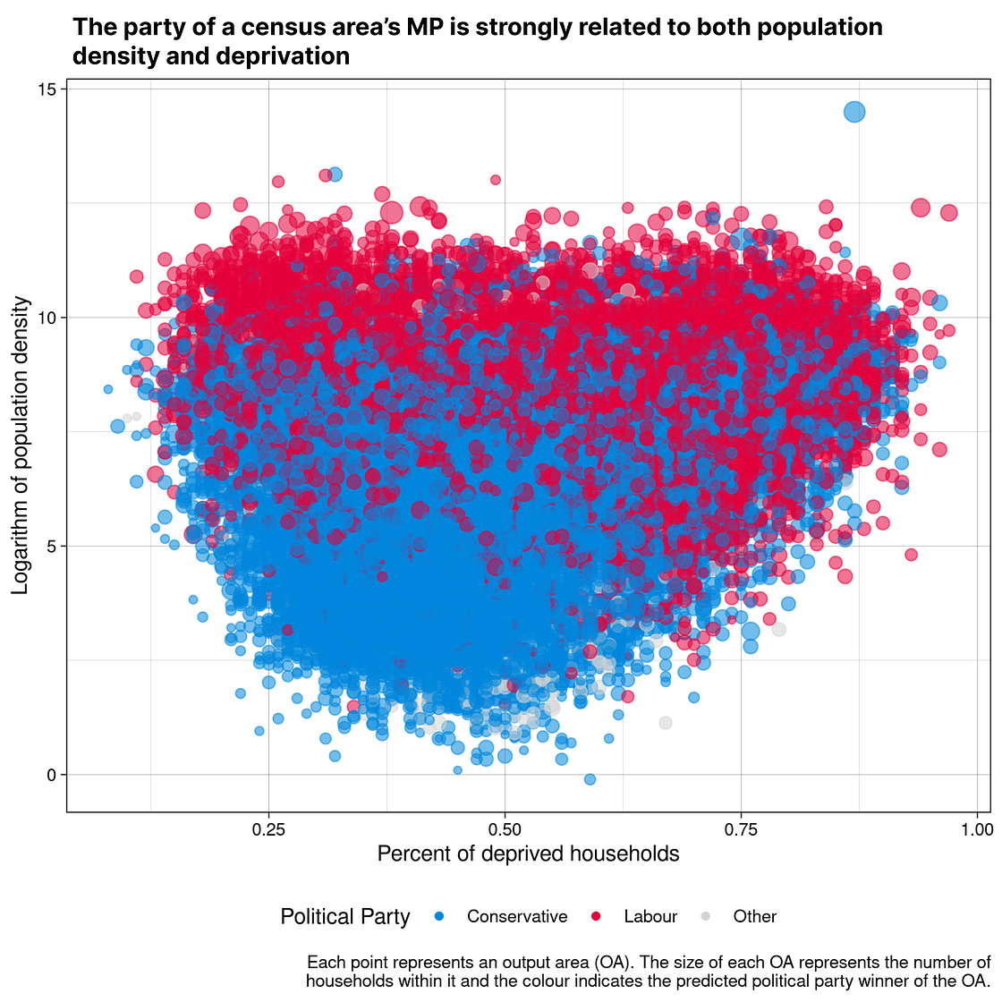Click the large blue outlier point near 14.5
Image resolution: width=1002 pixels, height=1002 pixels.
click(854, 112)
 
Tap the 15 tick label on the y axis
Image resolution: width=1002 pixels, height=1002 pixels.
click(47, 89)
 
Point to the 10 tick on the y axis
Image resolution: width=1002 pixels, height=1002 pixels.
click(47, 318)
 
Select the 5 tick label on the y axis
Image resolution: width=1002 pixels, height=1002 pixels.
click(51, 547)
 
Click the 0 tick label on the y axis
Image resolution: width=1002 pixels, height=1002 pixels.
click(51, 775)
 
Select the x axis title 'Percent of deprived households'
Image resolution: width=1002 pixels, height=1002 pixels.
click(528, 853)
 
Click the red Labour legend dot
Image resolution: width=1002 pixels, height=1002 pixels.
click(595, 916)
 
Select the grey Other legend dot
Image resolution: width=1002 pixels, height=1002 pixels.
click(705, 916)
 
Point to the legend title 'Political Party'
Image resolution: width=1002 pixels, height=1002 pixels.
click(345, 916)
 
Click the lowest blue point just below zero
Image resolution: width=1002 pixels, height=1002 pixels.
click(590, 779)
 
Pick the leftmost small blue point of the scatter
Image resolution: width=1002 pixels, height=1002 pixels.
click(108, 389)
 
